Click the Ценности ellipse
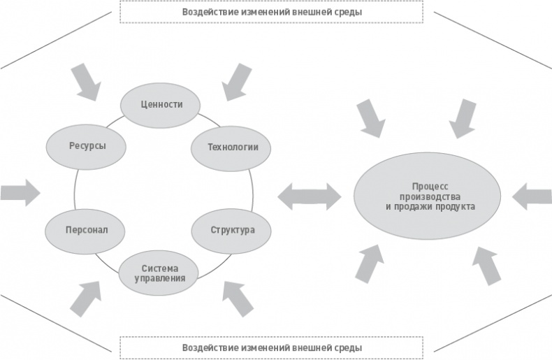click(x=161, y=105)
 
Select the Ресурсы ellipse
click(x=87, y=147)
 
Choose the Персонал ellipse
click(x=86, y=230)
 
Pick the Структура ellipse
click(x=233, y=230)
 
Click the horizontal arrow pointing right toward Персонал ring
click(x=20, y=192)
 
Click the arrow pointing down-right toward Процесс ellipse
click(x=370, y=117)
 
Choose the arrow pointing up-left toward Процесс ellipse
click(x=487, y=266)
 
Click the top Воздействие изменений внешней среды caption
click(x=272, y=12)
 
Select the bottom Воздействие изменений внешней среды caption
click(x=272, y=347)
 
